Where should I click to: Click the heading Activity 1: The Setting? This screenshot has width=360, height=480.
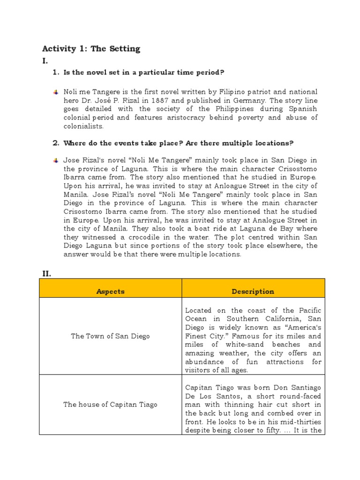[x=91, y=49]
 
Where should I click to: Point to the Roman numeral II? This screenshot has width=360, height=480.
[x=46, y=273]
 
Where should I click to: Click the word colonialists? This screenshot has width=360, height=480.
[x=83, y=126]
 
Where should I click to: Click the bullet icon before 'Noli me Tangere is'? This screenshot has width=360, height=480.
[x=55, y=91]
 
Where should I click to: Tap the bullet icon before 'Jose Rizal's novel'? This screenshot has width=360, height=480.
[x=55, y=160]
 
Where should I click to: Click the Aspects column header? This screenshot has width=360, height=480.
[x=110, y=291]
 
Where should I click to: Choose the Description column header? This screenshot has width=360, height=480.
[x=253, y=291]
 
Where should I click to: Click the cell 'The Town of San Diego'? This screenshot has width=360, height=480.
[x=110, y=336]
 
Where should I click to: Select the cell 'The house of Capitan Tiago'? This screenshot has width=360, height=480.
[x=110, y=405]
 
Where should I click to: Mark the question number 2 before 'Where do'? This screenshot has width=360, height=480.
[x=55, y=143]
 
